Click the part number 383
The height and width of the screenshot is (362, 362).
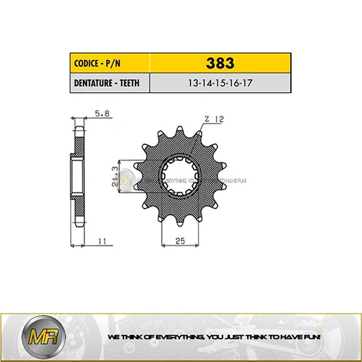[x=221, y=63]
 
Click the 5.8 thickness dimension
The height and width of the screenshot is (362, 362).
[x=99, y=114]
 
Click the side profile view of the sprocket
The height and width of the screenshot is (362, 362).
[x=77, y=177]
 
